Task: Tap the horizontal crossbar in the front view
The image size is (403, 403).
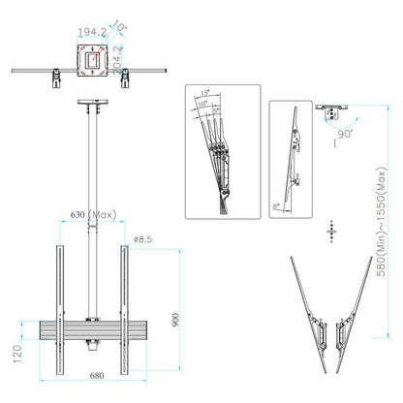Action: [92, 333]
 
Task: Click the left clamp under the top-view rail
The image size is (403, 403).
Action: [58, 77]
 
